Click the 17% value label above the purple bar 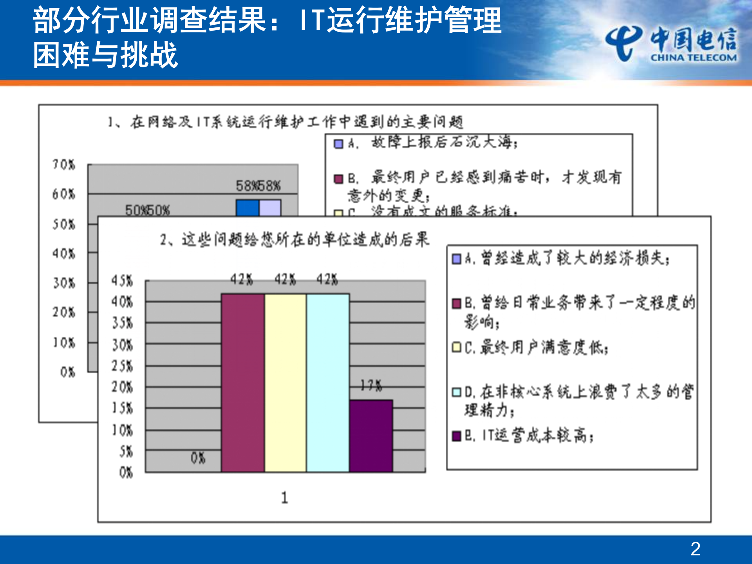pyautogui.click(x=371, y=386)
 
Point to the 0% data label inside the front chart pyautogui.click(x=198, y=458)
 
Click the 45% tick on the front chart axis pyautogui.click(x=122, y=280)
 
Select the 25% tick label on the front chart pyautogui.click(x=122, y=366)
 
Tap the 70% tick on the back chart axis pyautogui.click(x=64, y=164)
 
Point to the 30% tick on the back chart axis pyautogui.click(x=64, y=283)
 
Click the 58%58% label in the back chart pyautogui.click(x=258, y=186)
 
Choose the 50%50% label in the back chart pyautogui.click(x=147, y=210)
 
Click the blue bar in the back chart pyautogui.click(x=247, y=208)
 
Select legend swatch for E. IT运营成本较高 pyautogui.click(x=456, y=436)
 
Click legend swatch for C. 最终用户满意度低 pyautogui.click(x=456, y=347)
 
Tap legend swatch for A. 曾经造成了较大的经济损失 pyautogui.click(x=456, y=259)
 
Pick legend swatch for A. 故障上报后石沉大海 pyautogui.click(x=338, y=144)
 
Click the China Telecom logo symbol pyautogui.click(x=624, y=43)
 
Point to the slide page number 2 pyautogui.click(x=695, y=549)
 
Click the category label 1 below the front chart pyautogui.click(x=285, y=498)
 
